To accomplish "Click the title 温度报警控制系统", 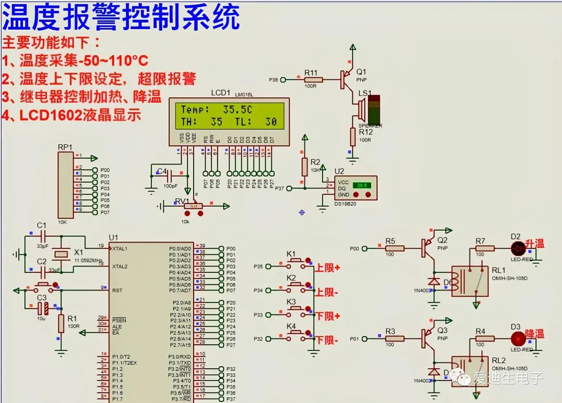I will click(121, 17).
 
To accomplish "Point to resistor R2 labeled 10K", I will click(305, 167).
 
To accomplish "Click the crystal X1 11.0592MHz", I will click(61, 254).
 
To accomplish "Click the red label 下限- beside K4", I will click(326, 341).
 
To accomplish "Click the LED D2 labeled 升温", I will click(517, 248).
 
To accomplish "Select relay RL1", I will click(469, 282).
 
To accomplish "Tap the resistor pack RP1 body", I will click(65, 184).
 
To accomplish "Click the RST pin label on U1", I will click(118, 290).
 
